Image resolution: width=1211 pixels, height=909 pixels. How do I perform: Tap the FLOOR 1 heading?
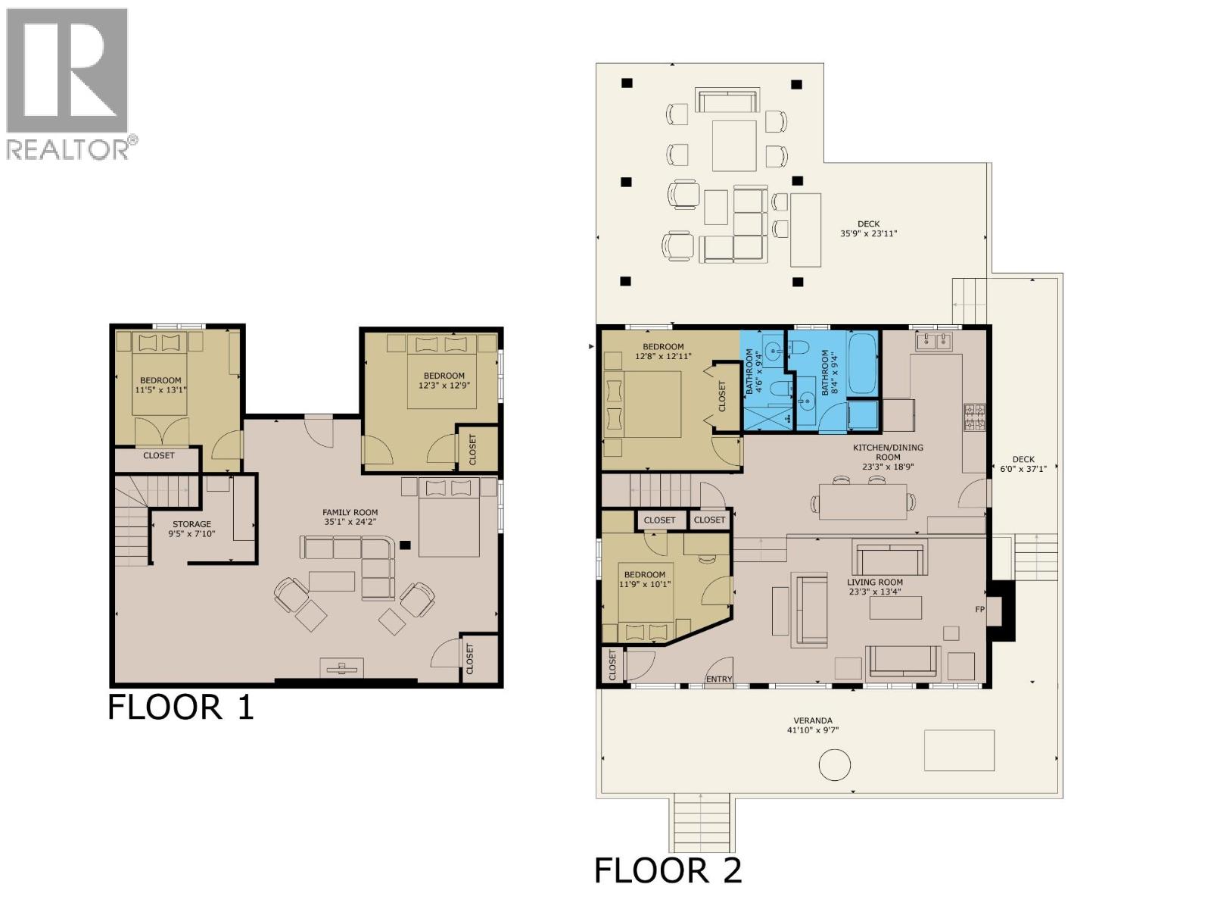tap(180, 707)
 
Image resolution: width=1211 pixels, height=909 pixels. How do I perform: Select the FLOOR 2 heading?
tap(668, 870)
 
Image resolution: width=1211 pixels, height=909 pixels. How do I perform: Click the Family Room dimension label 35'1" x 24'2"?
tap(350, 522)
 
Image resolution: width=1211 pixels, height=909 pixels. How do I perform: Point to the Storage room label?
tap(191, 524)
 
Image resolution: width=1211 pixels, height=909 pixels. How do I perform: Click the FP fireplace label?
tap(979, 609)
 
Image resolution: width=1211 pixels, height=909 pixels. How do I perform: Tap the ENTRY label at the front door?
tap(718, 679)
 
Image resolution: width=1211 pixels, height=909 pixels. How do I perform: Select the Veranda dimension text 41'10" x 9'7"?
tap(813, 730)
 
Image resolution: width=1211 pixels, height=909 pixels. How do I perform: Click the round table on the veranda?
tap(834, 764)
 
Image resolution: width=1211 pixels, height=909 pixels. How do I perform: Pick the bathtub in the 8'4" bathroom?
tap(862, 363)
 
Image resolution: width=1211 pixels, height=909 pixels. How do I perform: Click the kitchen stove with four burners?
tap(974, 417)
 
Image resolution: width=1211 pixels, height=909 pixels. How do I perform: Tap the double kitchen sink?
tap(934, 342)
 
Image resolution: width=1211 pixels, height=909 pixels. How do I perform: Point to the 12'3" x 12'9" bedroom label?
tap(444, 380)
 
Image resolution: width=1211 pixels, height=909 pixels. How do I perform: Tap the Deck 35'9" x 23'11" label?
tap(868, 229)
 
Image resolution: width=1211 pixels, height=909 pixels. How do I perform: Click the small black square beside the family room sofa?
tap(406, 544)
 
